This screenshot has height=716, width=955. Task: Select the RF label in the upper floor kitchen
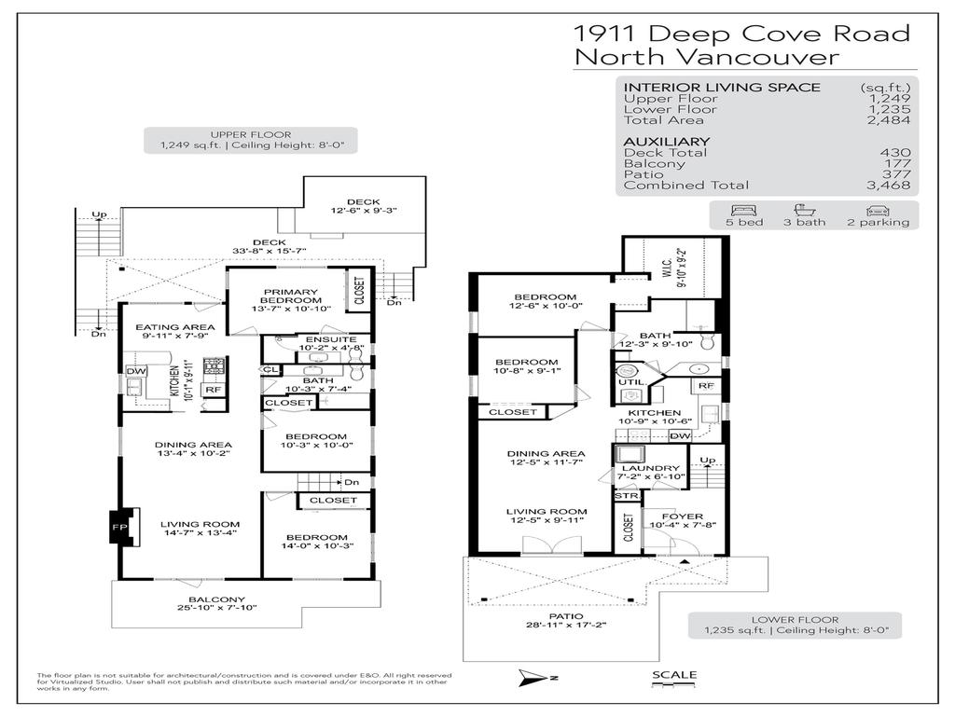213,390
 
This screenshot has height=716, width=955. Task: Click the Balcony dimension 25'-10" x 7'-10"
216,608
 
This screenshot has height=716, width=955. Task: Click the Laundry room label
650,468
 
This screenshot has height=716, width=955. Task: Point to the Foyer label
676,516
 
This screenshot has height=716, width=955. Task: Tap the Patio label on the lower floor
566,616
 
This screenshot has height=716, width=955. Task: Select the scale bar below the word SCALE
673,687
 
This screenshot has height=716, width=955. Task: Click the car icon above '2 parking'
876,210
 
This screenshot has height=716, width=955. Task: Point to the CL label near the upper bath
270,370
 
